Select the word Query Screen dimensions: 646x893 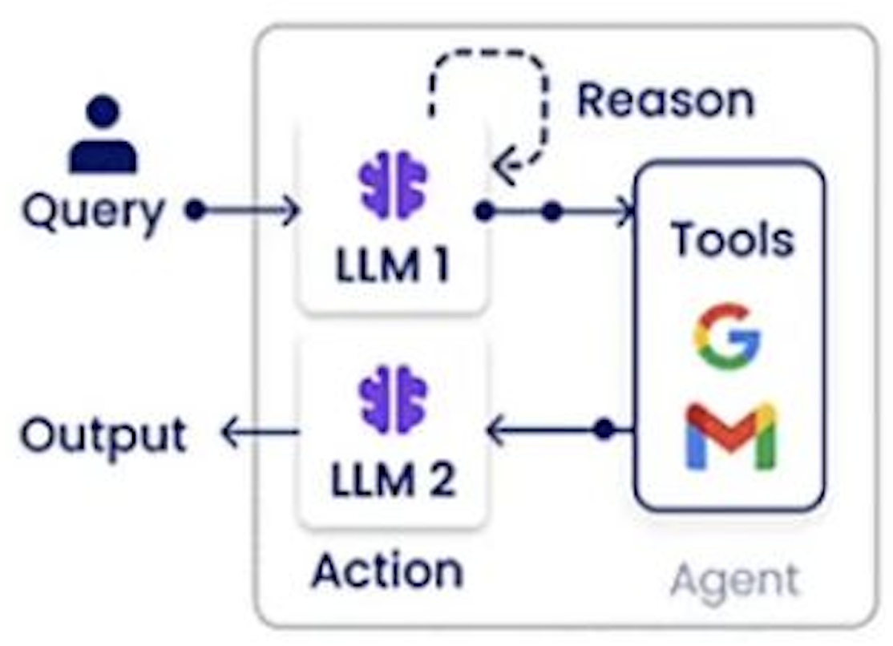click(x=93, y=212)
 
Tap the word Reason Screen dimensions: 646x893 click(x=665, y=100)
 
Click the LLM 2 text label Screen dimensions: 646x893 click(x=393, y=479)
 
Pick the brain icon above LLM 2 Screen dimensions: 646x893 click(x=393, y=399)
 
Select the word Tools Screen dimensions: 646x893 click(x=732, y=238)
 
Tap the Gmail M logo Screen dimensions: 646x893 click(x=730, y=437)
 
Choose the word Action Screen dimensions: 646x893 click(x=387, y=570)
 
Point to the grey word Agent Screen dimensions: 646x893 click(x=734, y=579)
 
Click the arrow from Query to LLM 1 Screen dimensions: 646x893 click(x=249, y=211)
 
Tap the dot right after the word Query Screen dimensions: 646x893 click(x=195, y=211)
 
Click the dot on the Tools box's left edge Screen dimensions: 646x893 click(x=605, y=430)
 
